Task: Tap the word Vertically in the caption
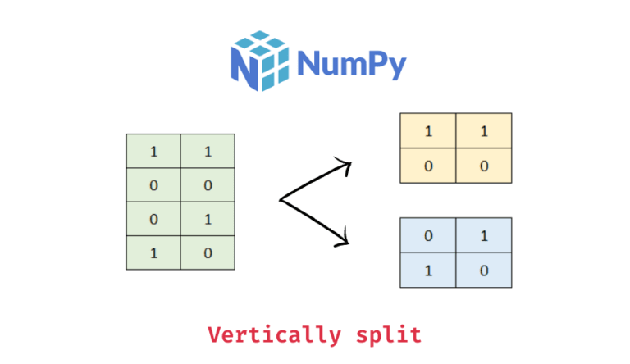coord(274,334)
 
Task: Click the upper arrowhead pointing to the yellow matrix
coord(345,167)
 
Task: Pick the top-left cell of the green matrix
coord(153,152)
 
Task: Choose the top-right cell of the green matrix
coord(208,152)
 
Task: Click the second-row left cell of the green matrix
coord(153,185)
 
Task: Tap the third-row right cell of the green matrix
coord(208,219)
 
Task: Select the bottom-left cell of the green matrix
coord(153,253)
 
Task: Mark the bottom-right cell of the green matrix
coord(208,253)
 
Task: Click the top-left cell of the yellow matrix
coord(428,131)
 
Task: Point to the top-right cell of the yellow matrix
coord(484,131)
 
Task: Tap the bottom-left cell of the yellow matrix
coord(428,166)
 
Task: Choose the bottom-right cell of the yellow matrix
coord(484,166)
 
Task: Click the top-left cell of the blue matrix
coord(428,235)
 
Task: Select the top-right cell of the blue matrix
coord(484,235)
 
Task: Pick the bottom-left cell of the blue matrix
coord(428,270)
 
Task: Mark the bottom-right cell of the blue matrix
coord(484,270)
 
